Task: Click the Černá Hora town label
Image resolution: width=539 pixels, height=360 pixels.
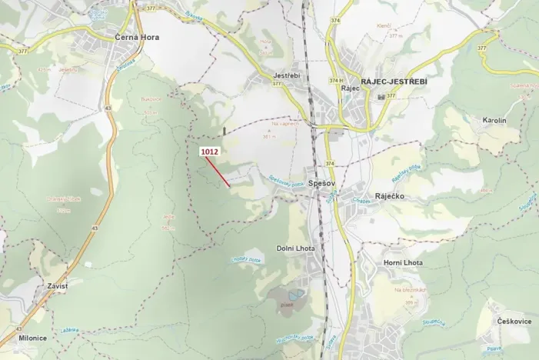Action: (121, 37)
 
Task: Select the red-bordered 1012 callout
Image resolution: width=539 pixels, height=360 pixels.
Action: (210, 152)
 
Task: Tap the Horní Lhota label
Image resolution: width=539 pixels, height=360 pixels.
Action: (402, 263)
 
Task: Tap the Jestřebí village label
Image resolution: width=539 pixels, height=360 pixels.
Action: (286, 76)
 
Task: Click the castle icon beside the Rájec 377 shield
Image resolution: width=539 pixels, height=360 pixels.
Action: (382, 96)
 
